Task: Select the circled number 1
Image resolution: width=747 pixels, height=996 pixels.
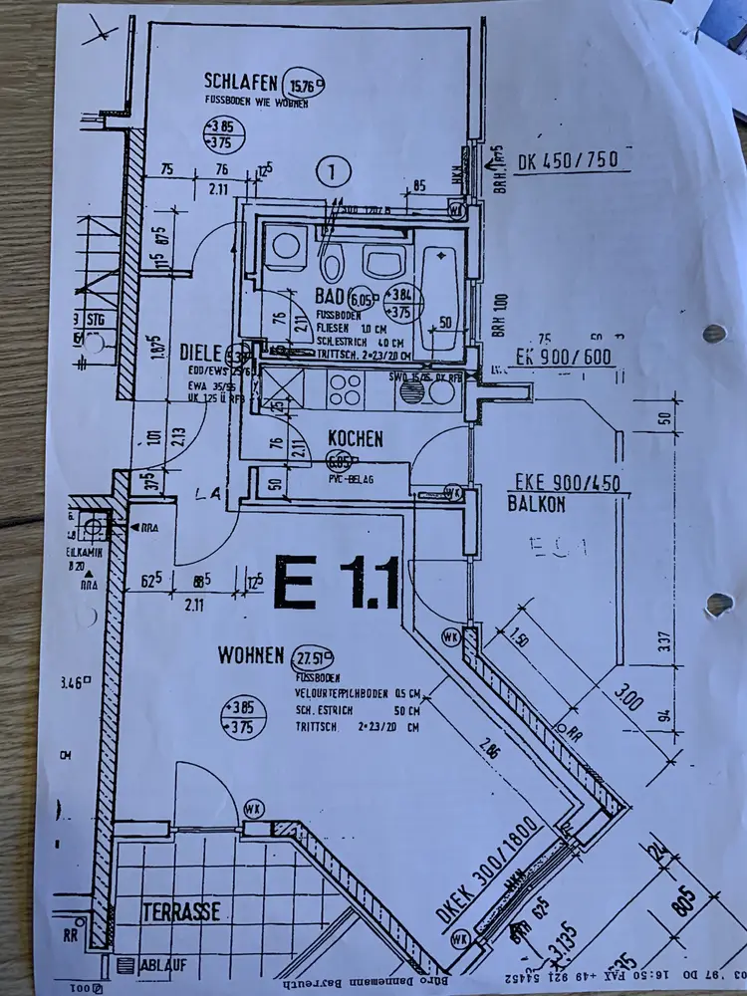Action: tap(334, 171)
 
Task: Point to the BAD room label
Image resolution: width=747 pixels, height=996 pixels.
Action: tap(329, 297)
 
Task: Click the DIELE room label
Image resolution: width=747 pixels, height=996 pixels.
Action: tap(200, 352)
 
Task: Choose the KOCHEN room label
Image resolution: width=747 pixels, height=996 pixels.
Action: tap(355, 438)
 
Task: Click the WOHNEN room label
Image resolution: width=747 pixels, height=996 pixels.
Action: tap(252, 655)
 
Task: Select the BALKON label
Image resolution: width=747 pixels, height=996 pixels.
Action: tap(535, 505)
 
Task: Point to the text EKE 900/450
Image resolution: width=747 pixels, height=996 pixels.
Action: tap(567, 484)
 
